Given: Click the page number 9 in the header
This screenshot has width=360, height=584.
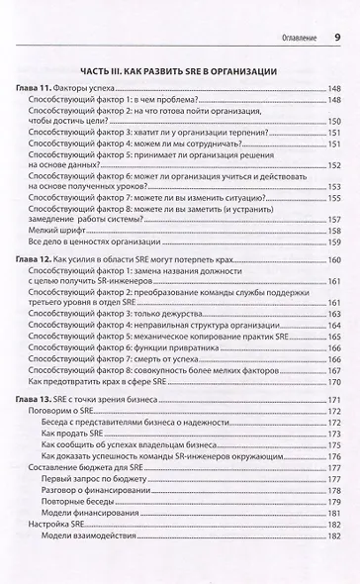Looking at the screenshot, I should pos(336,38).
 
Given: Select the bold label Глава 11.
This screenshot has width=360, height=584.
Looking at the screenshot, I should pos(35,89).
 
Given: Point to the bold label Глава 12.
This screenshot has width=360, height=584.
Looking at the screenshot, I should pos(35,257).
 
